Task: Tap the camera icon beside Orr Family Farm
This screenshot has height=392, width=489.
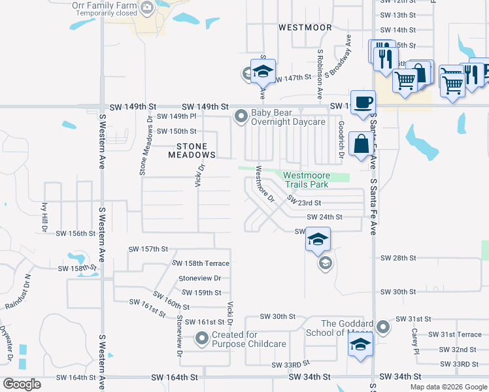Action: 146,7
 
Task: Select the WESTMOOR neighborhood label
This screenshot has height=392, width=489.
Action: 305,27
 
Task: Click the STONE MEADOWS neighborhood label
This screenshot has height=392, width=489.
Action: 192,151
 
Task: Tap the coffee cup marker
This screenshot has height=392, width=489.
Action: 363,102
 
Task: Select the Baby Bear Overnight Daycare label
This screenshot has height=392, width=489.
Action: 288,117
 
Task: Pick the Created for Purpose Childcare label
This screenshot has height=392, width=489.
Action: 249,339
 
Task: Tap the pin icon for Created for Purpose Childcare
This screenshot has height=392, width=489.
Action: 203,338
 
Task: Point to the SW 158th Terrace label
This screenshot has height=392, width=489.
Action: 201,263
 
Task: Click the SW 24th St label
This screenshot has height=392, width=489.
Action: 324,217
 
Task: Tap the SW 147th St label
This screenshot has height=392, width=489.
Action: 292,78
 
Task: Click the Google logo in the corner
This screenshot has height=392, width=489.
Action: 22,384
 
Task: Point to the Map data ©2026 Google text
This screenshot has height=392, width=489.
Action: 448,387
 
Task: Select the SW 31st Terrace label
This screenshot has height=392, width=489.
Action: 455,335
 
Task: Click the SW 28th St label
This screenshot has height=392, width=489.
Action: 398,258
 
